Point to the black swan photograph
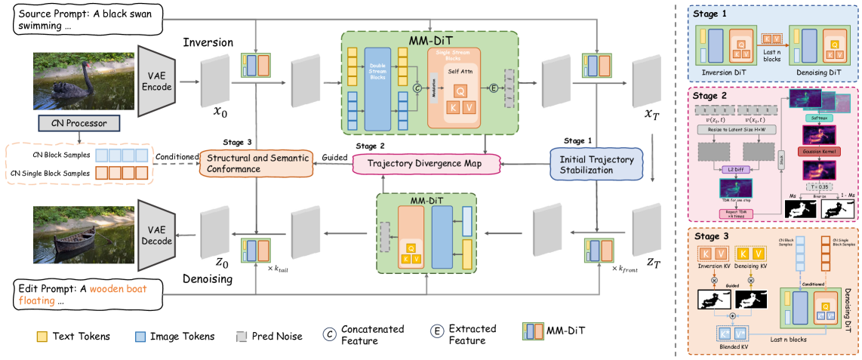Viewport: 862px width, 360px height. coord(72,78)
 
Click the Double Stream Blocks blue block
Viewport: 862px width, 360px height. coord(377,87)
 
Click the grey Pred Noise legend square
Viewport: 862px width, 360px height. coord(242,335)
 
